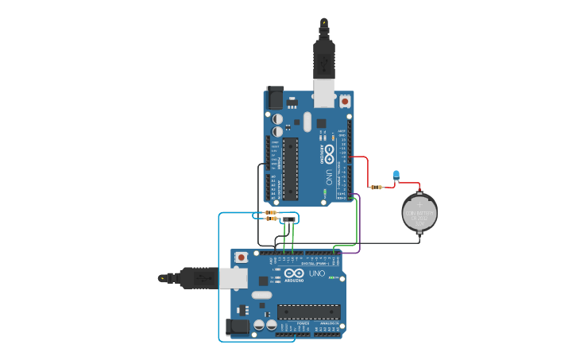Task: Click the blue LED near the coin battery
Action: (x=397, y=175)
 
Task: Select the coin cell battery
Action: (x=419, y=213)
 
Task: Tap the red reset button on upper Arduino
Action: (x=345, y=101)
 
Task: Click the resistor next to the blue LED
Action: (x=376, y=188)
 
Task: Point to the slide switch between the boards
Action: (x=289, y=219)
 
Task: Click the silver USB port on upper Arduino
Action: (x=324, y=93)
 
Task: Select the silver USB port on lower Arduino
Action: (x=233, y=277)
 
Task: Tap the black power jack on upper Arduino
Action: (x=275, y=97)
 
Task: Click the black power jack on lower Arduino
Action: (x=237, y=327)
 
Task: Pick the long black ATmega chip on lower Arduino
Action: (x=309, y=312)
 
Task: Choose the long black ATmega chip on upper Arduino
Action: (x=290, y=169)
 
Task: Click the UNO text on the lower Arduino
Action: (x=316, y=273)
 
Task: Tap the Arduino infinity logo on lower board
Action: (x=293, y=273)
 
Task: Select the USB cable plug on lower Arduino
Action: (x=197, y=278)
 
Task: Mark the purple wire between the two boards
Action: (x=359, y=226)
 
